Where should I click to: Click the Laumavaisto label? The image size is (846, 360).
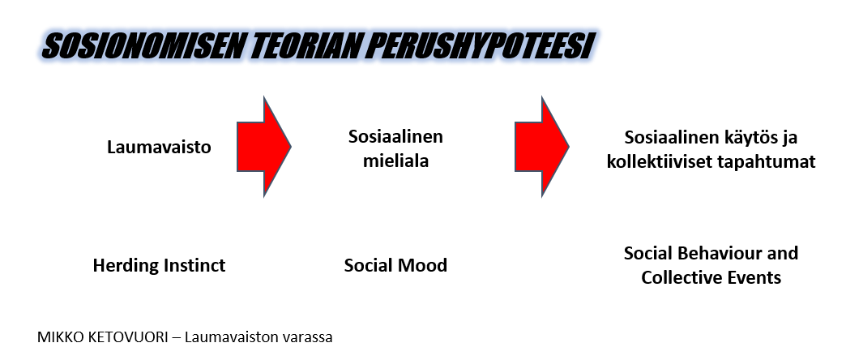159,147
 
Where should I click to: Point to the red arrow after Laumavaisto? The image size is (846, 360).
264,147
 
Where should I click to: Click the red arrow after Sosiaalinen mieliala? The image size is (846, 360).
541,147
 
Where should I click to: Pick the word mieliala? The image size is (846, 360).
395,161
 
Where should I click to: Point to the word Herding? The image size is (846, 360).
125,266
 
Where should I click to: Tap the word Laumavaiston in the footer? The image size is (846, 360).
232,338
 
